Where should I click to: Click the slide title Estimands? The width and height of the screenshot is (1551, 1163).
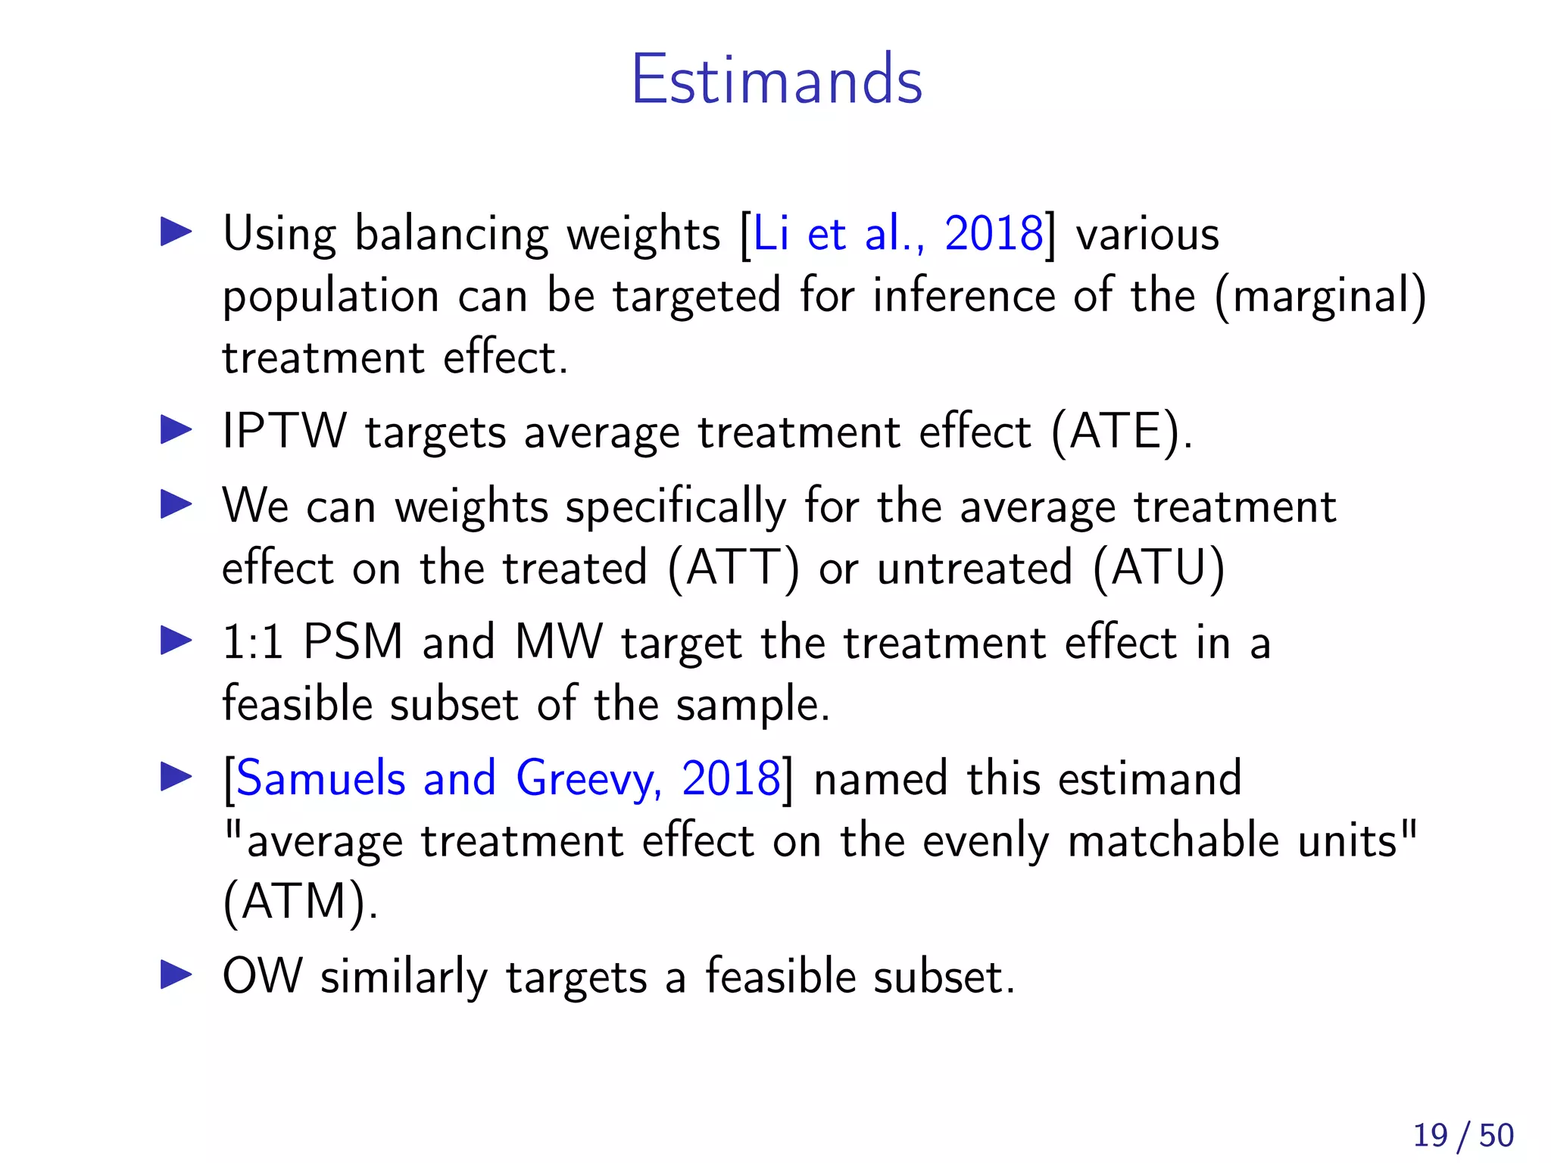[x=776, y=80]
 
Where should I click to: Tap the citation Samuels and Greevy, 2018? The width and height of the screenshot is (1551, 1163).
[x=508, y=778]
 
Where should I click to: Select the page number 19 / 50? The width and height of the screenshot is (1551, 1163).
[x=1462, y=1135]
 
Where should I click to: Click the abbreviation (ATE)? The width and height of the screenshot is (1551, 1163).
[x=1120, y=432]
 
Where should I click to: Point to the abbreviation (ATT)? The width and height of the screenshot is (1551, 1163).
[x=732, y=568]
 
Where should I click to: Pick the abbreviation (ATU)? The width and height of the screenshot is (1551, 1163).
[x=1158, y=568]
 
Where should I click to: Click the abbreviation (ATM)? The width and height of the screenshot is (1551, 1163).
[x=299, y=902]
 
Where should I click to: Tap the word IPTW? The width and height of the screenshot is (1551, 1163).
[x=284, y=432]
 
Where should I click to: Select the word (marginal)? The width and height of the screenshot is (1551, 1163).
[x=1320, y=296]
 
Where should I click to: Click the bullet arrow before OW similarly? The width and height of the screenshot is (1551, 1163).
[x=176, y=975]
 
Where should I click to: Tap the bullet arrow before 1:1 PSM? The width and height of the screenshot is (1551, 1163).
[x=176, y=641]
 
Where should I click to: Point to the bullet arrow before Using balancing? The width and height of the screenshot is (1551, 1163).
[x=176, y=232]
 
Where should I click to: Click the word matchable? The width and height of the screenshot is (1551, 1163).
[x=1173, y=840]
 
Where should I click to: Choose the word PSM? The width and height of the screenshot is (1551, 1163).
[x=352, y=642]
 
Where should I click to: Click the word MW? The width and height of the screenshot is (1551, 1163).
[x=558, y=642]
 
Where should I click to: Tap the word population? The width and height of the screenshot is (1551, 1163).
[x=330, y=296]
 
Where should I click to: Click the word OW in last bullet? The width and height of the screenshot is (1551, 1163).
[x=262, y=976]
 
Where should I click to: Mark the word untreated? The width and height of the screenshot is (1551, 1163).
[x=975, y=568]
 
